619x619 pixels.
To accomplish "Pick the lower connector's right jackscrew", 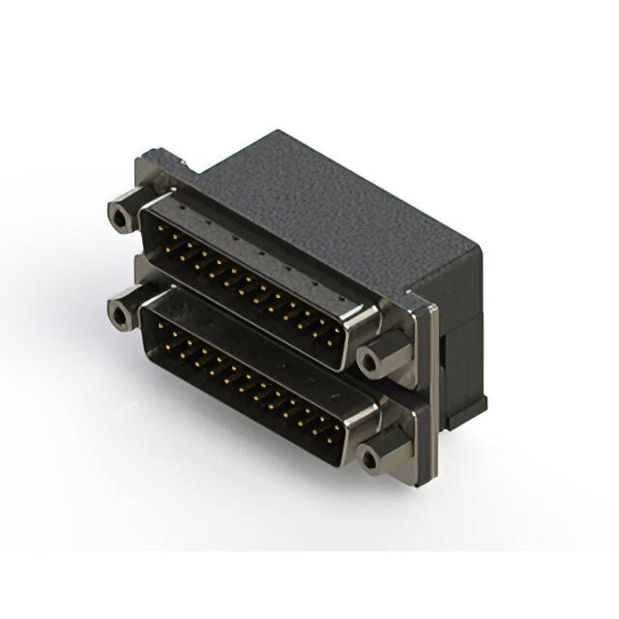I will [380, 451].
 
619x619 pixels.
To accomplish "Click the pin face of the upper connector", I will [242, 280].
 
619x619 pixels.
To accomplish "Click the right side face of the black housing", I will [459, 319].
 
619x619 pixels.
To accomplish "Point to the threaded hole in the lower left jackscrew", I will [120, 316].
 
